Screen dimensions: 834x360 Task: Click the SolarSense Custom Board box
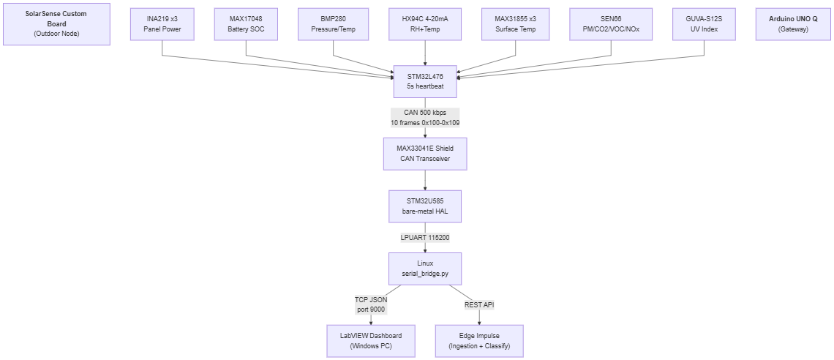point(56,24)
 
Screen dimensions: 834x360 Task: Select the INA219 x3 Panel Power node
point(162,24)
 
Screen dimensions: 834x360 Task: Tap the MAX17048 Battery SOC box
point(245,24)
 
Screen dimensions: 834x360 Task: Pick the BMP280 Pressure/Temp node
point(333,24)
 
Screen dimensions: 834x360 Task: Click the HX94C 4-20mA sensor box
point(425,24)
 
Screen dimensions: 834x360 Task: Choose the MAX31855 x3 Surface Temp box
point(516,24)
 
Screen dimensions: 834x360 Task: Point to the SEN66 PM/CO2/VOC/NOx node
point(611,24)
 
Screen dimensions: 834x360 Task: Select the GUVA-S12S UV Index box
point(705,24)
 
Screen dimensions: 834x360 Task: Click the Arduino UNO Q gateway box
point(793,24)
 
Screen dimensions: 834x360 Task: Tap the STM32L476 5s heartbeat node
point(425,82)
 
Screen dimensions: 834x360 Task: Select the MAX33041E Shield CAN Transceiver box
point(425,154)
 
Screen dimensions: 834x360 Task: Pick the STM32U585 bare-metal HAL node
point(425,206)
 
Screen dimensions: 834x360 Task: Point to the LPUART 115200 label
point(425,238)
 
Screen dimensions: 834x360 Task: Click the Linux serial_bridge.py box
point(425,269)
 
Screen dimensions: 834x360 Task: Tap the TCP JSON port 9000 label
point(371,304)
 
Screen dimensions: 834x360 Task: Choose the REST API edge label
point(480,304)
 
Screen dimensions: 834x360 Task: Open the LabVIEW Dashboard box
point(371,341)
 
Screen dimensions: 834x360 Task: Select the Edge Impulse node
point(479,341)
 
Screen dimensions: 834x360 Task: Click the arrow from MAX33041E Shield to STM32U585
point(425,180)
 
